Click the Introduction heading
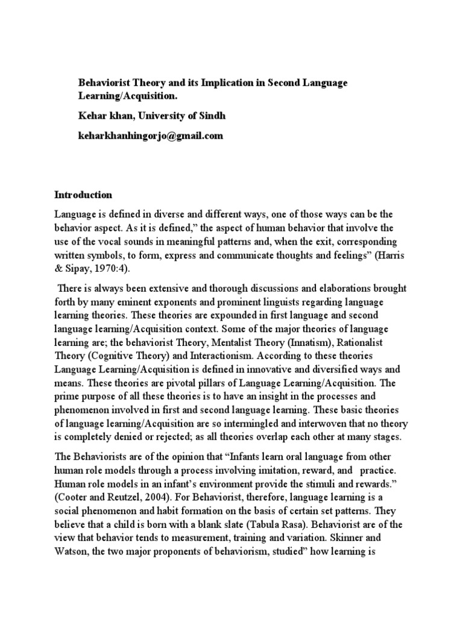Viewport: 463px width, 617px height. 83,195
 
